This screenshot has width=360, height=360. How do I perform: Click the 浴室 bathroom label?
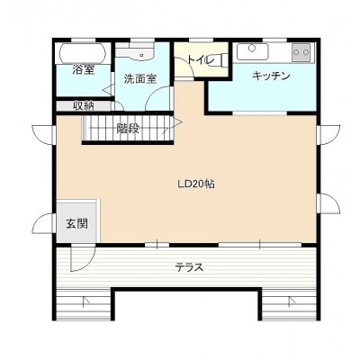click(84, 69)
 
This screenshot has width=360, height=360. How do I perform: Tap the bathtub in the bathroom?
click(83, 53)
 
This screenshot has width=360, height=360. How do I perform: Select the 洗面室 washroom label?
click(140, 79)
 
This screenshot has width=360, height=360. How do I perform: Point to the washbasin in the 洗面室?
click(135, 50)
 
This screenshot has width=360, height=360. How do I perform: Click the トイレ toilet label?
click(201, 59)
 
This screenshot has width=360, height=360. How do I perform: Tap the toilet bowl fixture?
click(220, 58)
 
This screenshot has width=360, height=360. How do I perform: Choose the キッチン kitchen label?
click(271, 76)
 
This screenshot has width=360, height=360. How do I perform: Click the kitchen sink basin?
click(252, 51)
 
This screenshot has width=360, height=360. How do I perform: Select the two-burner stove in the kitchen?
click(301, 52)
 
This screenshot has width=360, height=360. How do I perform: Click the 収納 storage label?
click(85, 106)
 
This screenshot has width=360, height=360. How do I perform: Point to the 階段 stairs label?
click(128, 129)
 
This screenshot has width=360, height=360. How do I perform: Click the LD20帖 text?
click(196, 184)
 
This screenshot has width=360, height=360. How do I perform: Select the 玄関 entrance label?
click(76, 223)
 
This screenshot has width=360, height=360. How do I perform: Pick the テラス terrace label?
click(189, 267)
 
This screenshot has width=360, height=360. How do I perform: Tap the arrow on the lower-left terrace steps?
click(86, 301)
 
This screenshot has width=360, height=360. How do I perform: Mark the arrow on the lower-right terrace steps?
click(292, 301)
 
